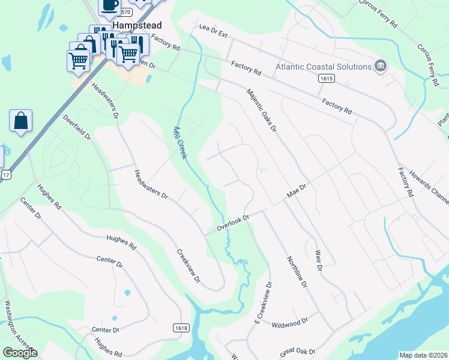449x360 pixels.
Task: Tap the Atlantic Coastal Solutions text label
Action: point(323,66)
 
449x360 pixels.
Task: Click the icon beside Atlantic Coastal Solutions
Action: point(380,66)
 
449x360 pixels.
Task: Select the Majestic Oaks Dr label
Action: point(262,110)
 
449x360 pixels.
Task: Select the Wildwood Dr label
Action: point(290,322)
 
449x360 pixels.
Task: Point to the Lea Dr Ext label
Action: point(213,31)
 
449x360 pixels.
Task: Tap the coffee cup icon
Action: point(109,5)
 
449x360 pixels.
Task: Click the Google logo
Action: point(20,353)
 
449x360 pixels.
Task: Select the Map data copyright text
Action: point(423,355)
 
